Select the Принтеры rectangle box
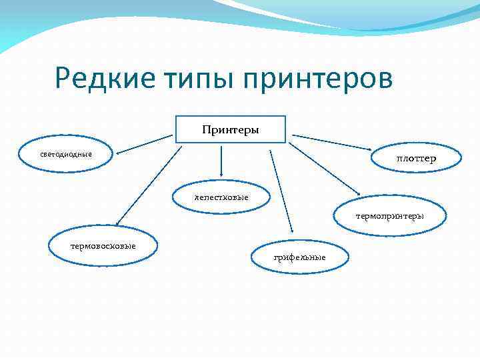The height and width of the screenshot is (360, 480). (231, 129)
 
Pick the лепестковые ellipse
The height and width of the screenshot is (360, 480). (221, 197)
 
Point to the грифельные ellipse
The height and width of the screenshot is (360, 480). (300, 257)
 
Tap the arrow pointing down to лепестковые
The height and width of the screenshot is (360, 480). (221, 163)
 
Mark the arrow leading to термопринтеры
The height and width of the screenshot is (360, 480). (323, 169)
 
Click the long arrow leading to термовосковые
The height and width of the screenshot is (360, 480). (148, 187)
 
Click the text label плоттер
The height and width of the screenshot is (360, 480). (416, 159)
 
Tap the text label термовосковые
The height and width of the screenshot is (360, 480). (103, 246)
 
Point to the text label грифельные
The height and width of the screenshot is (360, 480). (300, 257)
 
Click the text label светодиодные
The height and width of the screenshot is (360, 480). (66, 155)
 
